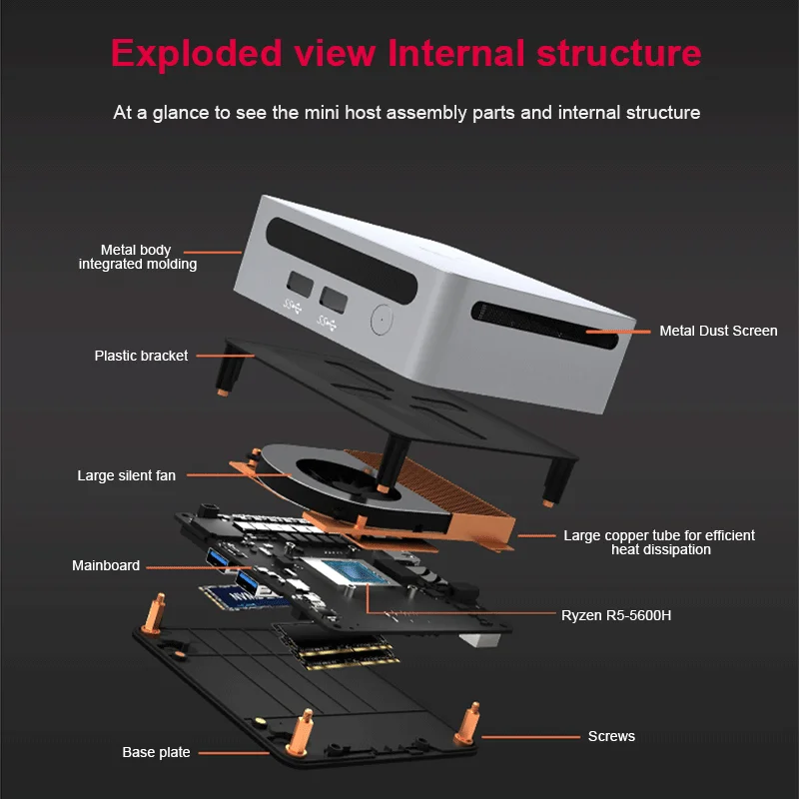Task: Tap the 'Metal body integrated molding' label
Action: (137, 257)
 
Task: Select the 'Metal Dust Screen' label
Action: (717, 331)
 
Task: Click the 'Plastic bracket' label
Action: (141, 356)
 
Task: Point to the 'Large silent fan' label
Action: (126, 475)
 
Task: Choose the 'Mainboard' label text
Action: (106, 565)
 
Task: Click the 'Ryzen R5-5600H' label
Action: (616, 615)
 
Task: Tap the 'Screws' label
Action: (611, 736)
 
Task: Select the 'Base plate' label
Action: (156, 752)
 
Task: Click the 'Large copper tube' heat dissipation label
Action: (659, 542)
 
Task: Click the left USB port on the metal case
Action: (297, 285)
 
